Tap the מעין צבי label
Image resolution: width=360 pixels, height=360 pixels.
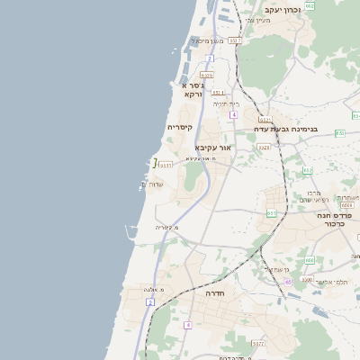(x=257, y=20)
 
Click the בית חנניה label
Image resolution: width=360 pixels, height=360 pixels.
(x=226, y=103)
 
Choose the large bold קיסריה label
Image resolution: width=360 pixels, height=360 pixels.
(x=180, y=128)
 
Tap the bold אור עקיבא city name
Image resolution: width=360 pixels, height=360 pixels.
(x=213, y=147)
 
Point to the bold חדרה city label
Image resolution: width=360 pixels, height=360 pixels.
(x=214, y=293)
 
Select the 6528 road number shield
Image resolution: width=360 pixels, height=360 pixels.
(x=207, y=76)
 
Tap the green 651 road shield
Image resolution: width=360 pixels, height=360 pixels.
(x=271, y=212)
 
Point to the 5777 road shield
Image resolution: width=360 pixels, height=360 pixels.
(x=258, y=343)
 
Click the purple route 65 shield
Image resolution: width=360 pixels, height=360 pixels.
(x=288, y=282)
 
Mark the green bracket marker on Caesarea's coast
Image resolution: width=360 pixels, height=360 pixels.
(x=155, y=163)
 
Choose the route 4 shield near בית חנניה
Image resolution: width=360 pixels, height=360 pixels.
(x=233, y=114)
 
